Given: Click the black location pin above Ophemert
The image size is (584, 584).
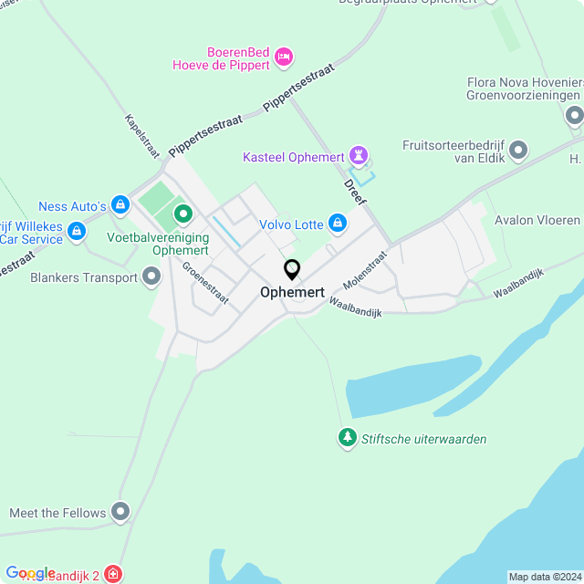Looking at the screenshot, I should (x=292, y=270).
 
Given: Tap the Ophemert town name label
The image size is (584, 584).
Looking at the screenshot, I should (x=292, y=293).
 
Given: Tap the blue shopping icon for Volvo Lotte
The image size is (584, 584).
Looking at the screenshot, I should (x=338, y=223).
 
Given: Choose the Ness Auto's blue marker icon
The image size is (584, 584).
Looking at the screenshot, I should (x=120, y=206).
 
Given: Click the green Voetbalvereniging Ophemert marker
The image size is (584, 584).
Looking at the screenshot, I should (x=182, y=215).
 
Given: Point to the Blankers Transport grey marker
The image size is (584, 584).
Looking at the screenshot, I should (x=151, y=277).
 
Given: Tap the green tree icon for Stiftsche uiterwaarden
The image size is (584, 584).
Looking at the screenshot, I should (x=347, y=439).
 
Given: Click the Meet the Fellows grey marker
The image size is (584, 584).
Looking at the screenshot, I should (x=120, y=512).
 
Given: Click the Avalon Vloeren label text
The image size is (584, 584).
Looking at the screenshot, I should (x=537, y=220).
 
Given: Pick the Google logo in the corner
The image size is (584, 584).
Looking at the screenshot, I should (x=30, y=573).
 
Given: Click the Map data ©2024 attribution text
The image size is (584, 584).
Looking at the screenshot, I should (x=545, y=577).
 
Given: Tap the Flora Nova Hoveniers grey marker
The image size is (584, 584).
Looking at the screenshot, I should (x=574, y=116).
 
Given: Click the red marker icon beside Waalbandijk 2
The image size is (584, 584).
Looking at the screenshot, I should (x=112, y=575).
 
